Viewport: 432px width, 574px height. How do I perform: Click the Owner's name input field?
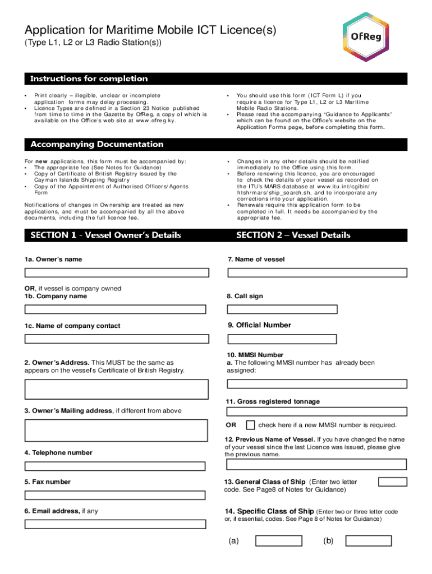click(x=117, y=273)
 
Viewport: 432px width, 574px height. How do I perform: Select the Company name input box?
click(x=117, y=309)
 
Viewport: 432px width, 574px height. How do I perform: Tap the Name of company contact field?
click(x=117, y=339)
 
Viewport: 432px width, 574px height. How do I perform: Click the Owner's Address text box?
click(x=117, y=389)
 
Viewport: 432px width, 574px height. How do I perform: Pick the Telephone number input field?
click(x=117, y=466)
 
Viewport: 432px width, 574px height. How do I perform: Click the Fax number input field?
click(x=117, y=496)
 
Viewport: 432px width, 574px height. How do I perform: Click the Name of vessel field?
click(x=317, y=273)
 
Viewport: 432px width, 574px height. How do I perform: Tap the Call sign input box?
click(x=282, y=309)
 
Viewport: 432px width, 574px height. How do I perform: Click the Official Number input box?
click(x=282, y=339)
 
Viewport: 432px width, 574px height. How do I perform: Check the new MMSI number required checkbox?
click(x=251, y=425)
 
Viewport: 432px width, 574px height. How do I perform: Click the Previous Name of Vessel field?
click(x=317, y=464)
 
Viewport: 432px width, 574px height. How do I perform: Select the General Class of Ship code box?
click(x=393, y=482)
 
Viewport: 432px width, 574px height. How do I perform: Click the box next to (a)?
click(x=279, y=541)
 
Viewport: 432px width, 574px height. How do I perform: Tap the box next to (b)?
click(x=369, y=541)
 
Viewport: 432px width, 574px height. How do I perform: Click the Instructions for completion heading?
click(x=89, y=79)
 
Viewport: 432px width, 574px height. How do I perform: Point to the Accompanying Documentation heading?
click(x=97, y=145)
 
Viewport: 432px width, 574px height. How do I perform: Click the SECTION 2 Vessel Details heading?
click(x=293, y=235)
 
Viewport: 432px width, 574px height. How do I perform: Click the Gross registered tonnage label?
click(x=273, y=402)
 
